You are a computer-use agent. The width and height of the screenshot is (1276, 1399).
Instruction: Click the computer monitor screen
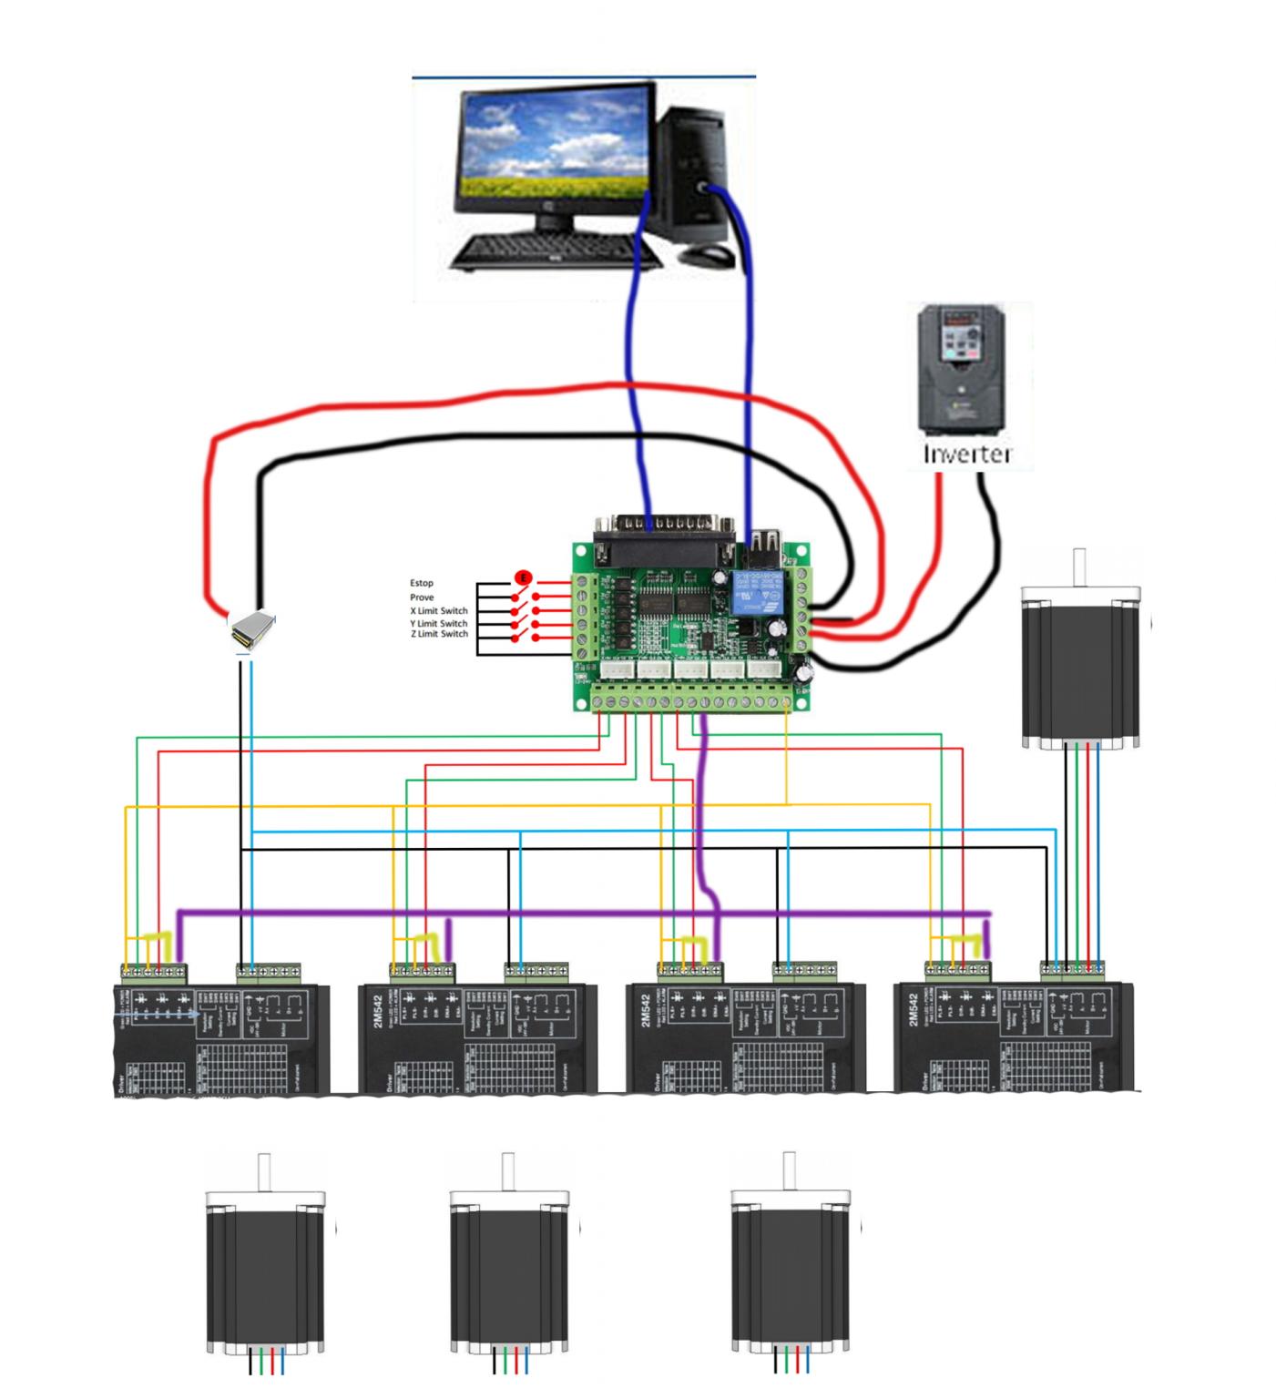pyautogui.click(x=556, y=145)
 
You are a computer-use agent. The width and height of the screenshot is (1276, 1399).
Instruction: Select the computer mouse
pyautogui.click(x=706, y=254)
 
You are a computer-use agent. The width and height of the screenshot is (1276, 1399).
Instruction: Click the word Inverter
pyautogui.click(x=967, y=453)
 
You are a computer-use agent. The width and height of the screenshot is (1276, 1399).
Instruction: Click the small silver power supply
pyautogui.click(x=250, y=628)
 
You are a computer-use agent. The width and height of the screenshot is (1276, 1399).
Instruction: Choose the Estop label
pyautogui.click(x=422, y=583)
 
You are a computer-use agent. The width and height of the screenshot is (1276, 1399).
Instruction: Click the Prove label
pyautogui.click(x=422, y=597)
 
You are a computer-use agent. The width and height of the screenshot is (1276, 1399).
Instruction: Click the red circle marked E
pyautogui.click(x=523, y=577)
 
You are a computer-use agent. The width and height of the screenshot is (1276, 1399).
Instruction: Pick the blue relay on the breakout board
pyautogui.click(x=753, y=593)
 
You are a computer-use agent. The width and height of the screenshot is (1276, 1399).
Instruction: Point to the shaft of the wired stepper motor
pyautogui.click(x=1080, y=567)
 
